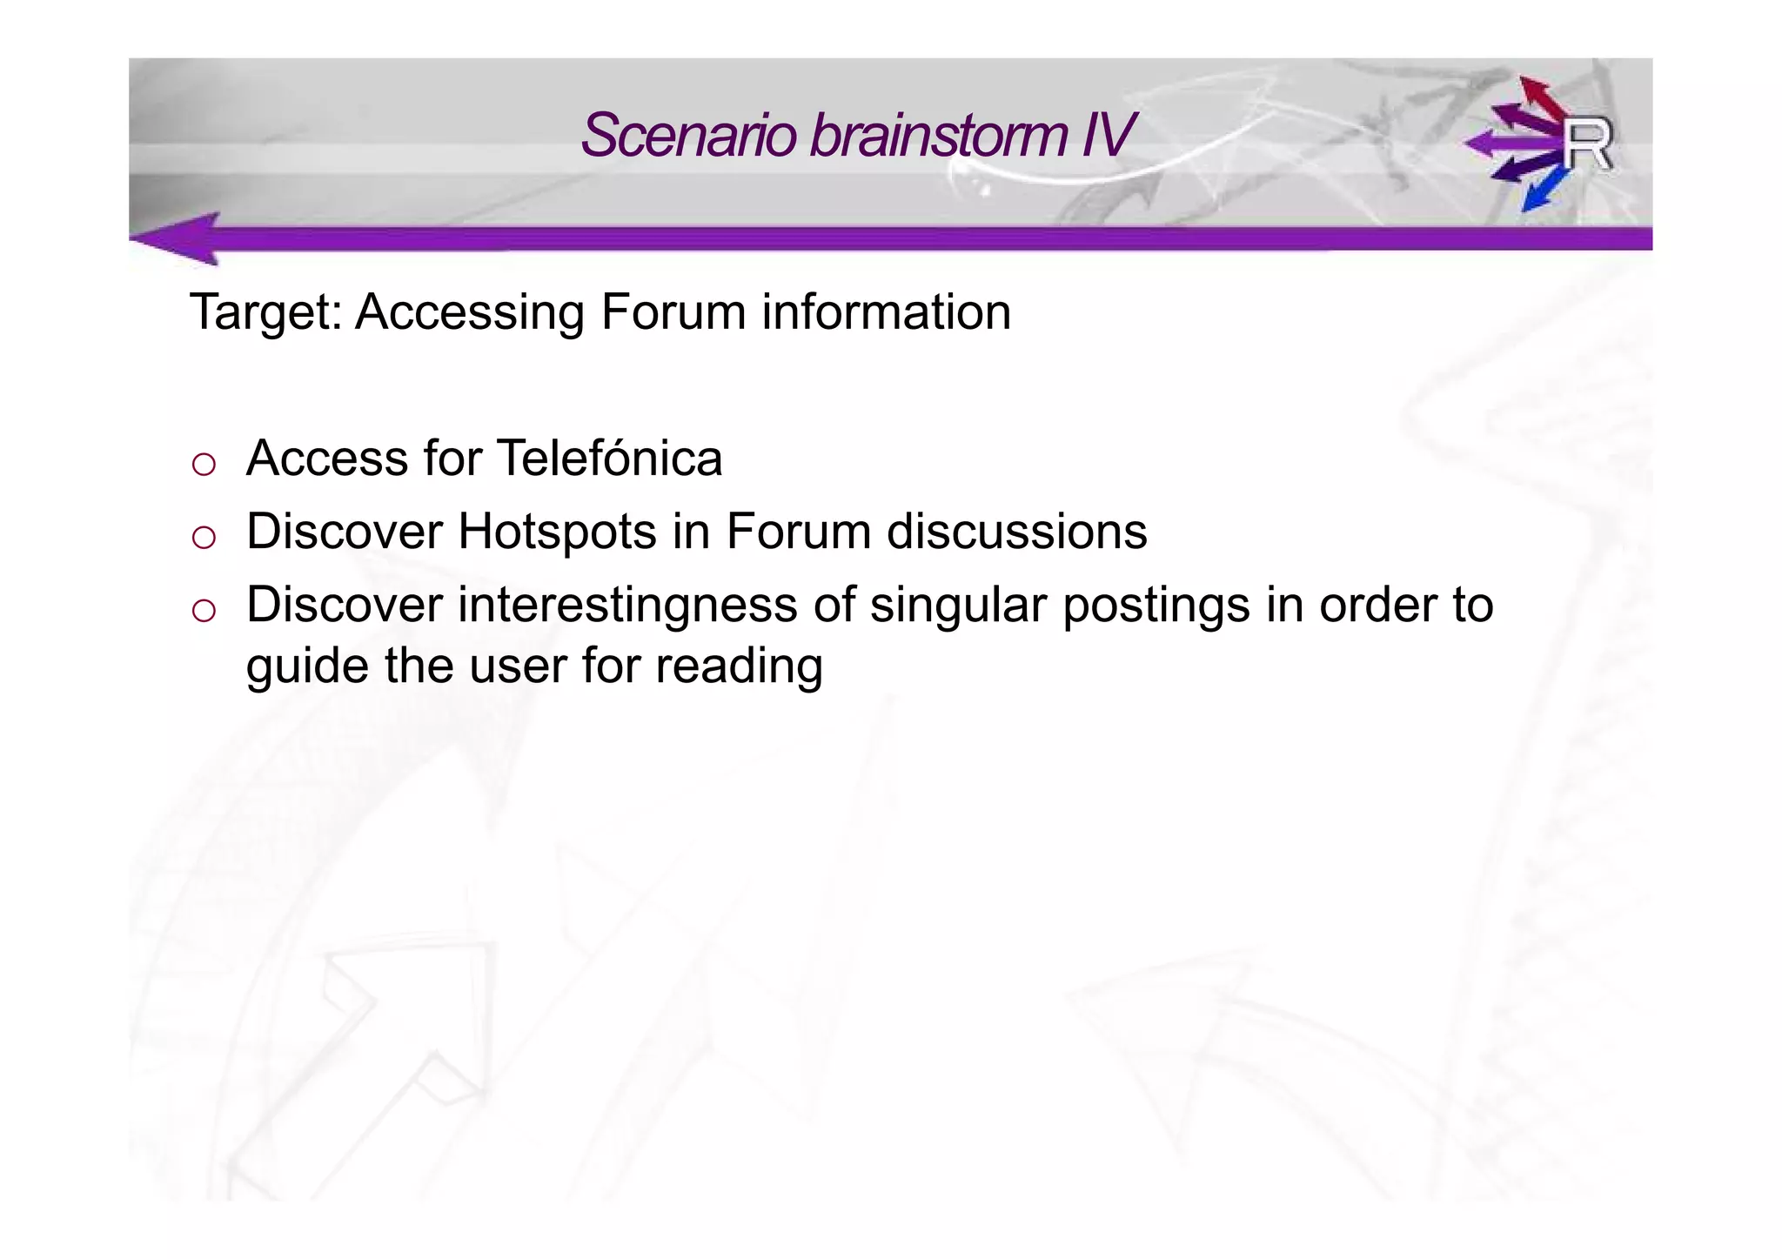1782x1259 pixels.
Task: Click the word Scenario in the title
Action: coord(688,136)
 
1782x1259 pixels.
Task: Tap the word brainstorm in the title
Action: coord(938,136)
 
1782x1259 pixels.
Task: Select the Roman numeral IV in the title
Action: coord(1107,136)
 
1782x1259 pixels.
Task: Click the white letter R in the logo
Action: coord(1587,144)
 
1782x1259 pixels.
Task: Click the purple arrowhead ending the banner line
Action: coord(178,238)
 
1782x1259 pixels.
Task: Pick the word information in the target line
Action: coord(886,312)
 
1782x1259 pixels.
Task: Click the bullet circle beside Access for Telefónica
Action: coord(204,465)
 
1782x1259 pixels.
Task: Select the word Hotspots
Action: coord(557,532)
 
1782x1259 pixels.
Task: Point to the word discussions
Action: coord(1016,532)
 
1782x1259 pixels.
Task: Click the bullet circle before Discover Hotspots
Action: coord(204,538)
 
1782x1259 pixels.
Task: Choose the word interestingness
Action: coord(627,606)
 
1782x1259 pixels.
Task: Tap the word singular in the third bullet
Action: coord(957,606)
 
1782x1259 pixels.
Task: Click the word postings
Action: coord(1156,606)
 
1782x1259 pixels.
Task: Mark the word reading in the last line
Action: coord(739,667)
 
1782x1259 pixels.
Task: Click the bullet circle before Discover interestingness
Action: coord(204,611)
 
